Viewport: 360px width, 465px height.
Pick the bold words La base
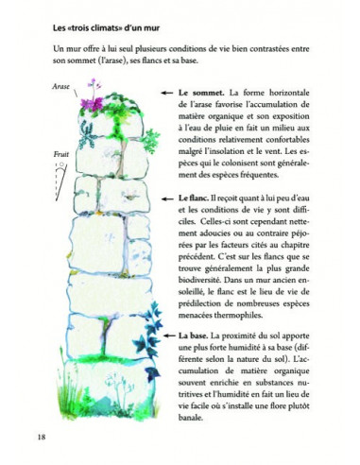coord(194,336)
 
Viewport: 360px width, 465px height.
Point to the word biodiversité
coord(203,296)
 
